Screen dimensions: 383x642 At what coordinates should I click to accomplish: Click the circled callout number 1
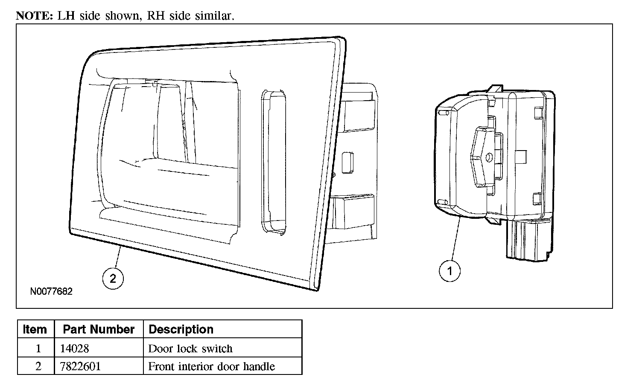(x=449, y=271)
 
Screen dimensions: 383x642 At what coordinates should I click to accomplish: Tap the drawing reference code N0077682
(x=52, y=292)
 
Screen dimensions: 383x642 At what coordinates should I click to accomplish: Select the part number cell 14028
(x=75, y=348)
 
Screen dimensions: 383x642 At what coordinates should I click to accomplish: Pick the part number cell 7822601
(x=81, y=366)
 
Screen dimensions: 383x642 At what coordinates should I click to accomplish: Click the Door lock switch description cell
(x=190, y=348)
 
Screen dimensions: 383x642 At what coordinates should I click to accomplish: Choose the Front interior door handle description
(x=211, y=366)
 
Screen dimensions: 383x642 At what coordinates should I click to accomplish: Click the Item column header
(x=35, y=329)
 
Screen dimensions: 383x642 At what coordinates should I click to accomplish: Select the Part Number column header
(x=99, y=329)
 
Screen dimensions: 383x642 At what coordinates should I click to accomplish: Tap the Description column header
(x=181, y=329)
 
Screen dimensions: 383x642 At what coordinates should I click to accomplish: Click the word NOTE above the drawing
(x=34, y=16)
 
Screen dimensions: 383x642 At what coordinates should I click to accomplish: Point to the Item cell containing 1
(x=38, y=348)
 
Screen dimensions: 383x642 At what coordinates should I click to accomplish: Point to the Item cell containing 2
(x=38, y=366)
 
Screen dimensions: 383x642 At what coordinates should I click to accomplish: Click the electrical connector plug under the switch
(x=527, y=239)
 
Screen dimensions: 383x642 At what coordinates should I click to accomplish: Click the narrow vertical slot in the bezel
(x=273, y=162)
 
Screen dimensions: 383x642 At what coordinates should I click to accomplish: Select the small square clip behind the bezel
(x=347, y=161)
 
